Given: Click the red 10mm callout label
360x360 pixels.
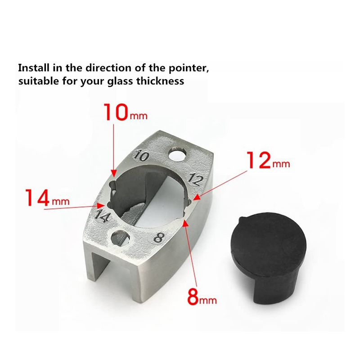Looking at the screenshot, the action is (126, 112).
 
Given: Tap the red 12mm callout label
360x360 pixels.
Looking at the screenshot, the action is (268, 160).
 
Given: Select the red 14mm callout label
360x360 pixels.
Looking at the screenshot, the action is (48, 198).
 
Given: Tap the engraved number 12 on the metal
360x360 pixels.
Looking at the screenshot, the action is (196, 179).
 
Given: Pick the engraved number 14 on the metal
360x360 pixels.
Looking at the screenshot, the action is (103, 215).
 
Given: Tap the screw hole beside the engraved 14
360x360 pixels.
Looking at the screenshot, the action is (120, 238).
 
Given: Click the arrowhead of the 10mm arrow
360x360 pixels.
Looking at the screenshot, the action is (114, 174).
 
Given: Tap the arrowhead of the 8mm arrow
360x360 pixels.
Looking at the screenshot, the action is (184, 221).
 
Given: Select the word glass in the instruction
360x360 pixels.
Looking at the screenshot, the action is (120, 82).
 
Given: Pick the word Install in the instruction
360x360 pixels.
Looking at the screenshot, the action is (34, 68).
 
